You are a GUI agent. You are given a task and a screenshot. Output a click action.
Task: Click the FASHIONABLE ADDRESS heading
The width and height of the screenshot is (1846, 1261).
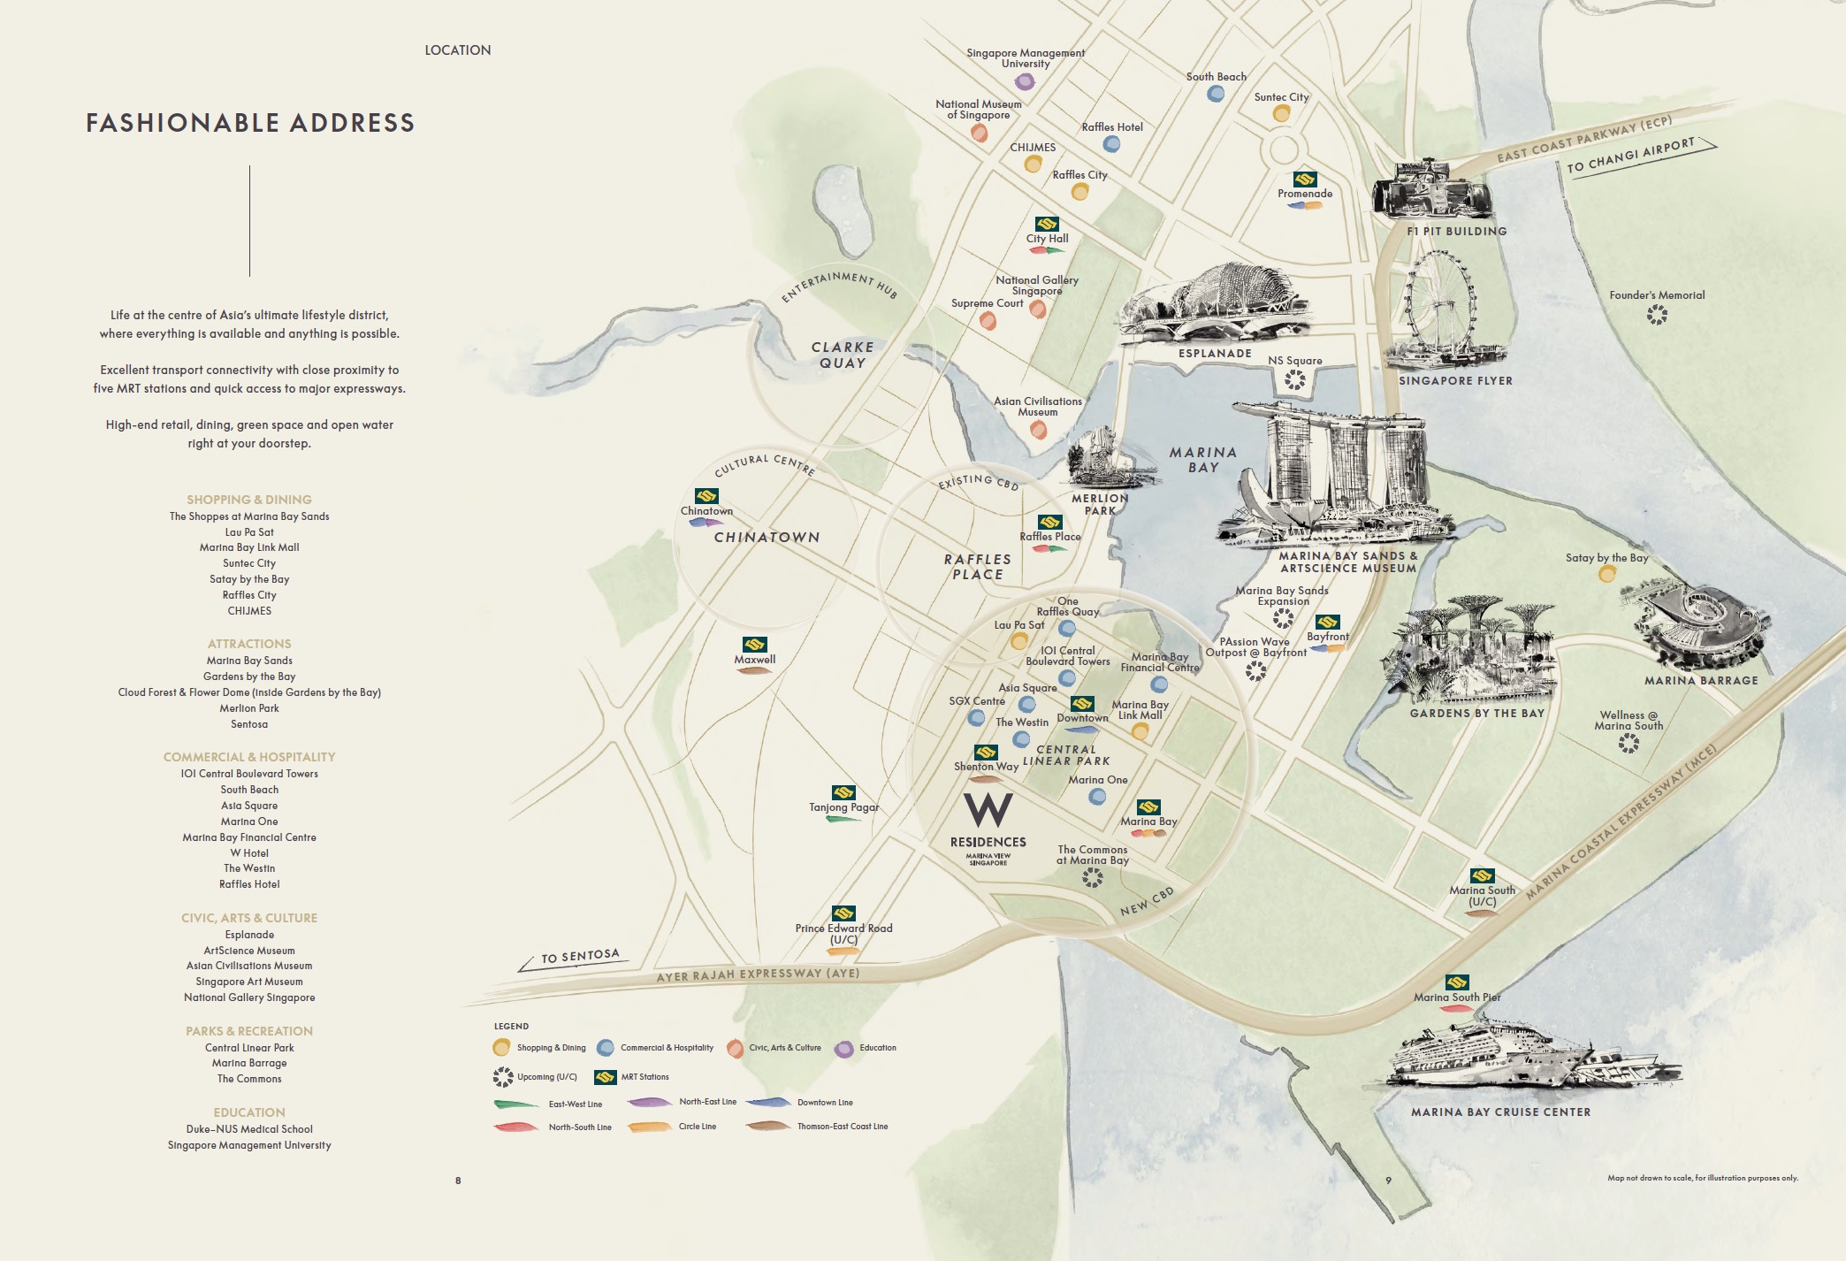pos(250,123)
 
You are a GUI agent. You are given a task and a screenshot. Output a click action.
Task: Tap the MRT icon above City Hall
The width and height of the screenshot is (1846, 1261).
pos(1047,224)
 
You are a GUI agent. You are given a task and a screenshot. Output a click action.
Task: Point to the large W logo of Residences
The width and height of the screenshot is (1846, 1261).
pos(988,809)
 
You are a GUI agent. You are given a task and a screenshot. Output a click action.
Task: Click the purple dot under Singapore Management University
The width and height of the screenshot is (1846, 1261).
pos(1025,82)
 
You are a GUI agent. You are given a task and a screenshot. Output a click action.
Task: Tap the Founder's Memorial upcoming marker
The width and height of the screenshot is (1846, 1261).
pos(1657,314)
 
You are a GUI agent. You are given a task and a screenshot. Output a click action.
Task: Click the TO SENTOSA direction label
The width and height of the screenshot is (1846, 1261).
pos(580,956)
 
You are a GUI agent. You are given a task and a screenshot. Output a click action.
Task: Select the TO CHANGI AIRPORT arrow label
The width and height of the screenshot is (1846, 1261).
pos(1630,156)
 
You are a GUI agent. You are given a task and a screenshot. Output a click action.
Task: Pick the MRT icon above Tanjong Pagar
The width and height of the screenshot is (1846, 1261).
pos(843,792)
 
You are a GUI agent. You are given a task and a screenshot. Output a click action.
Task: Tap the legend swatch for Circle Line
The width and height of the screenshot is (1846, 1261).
pos(650,1127)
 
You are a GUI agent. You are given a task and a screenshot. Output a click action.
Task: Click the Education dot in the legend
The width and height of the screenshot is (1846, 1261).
pos(844,1049)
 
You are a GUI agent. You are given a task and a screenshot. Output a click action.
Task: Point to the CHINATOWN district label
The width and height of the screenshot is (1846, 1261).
pos(767,537)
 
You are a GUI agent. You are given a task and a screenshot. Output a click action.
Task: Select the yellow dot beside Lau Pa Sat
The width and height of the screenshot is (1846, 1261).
pos(1019,640)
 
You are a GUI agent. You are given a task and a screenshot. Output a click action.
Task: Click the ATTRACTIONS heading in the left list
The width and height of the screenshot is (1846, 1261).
pos(249,644)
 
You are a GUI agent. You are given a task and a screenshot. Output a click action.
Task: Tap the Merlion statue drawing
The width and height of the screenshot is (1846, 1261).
pos(1096,455)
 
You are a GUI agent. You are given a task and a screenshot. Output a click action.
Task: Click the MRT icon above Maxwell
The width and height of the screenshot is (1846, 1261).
pos(754,645)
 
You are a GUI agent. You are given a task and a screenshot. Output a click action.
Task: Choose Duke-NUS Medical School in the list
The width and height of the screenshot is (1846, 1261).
pos(249,1129)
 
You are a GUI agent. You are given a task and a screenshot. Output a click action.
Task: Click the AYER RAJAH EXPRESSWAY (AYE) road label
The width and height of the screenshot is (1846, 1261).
pos(757,974)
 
